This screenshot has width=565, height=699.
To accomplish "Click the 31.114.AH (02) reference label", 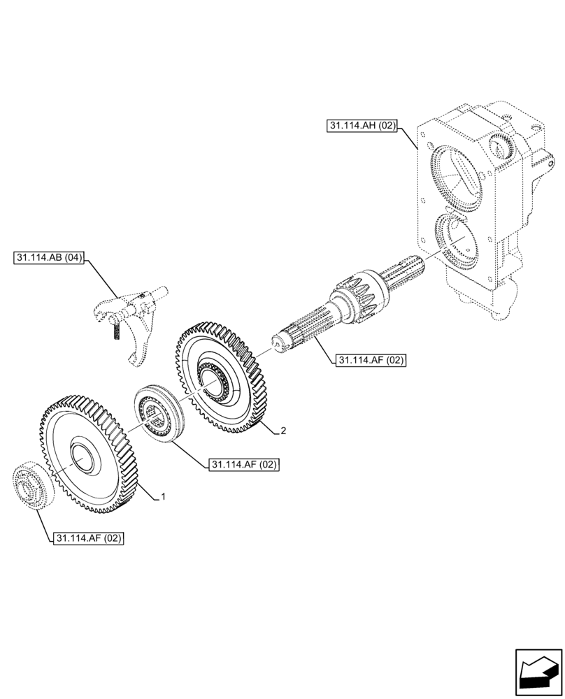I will pos(362,126).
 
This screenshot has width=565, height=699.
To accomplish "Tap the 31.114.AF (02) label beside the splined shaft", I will pos(371,360).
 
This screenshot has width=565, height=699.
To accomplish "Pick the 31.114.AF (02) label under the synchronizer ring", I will pos(243,464).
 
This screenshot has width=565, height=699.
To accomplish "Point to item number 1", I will pos(162,496).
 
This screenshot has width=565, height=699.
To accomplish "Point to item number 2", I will pos(282,431).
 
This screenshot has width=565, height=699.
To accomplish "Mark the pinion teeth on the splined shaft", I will pos(360,293).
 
